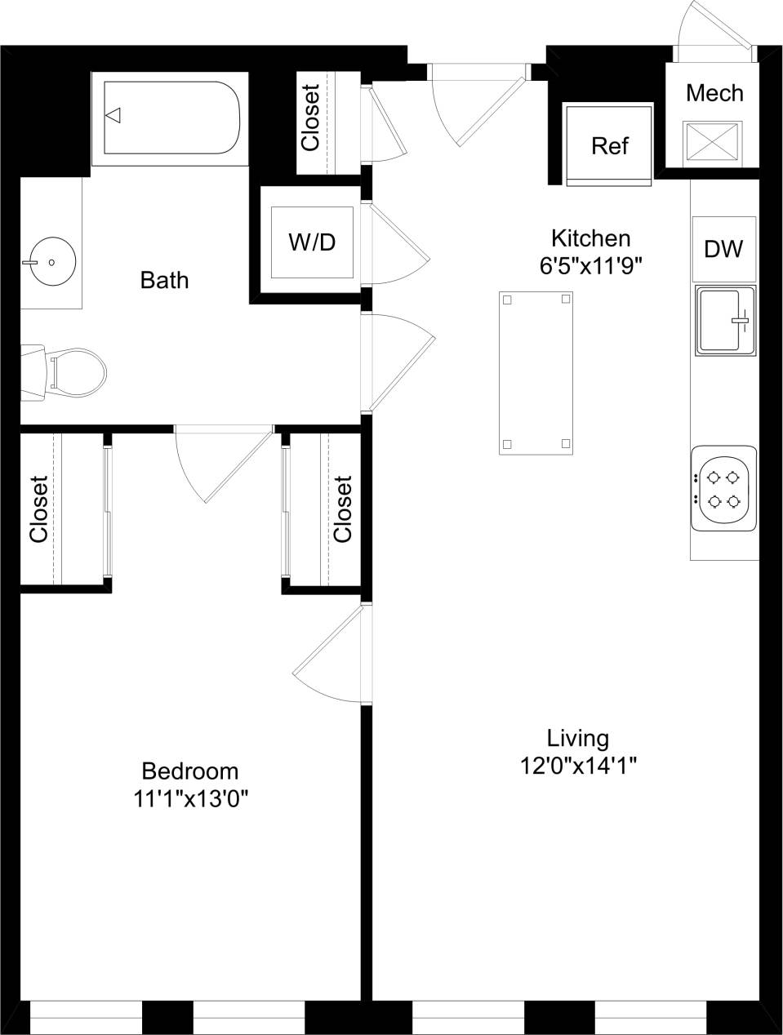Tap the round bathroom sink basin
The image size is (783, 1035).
(51, 262)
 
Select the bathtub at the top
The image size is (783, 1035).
(170, 118)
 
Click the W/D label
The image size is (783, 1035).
(312, 242)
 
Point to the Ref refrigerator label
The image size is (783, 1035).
(609, 145)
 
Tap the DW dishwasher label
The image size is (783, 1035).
(723, 249)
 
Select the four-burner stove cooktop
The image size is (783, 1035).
(723, 488)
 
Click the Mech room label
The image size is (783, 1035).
(714, 93)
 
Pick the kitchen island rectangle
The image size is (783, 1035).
(536, 372)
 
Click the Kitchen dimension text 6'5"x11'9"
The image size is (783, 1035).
(590, 265)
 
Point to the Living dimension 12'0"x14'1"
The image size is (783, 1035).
(578, 766)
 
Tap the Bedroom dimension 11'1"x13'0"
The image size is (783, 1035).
(190, 798)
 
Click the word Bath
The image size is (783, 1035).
(164, 280)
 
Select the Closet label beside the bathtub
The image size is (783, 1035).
(310, 118)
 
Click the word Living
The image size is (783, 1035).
(578, 739)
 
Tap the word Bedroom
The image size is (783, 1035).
(190, 771)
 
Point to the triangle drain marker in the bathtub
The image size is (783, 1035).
(114, 115)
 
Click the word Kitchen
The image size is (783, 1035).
(590, 238)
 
